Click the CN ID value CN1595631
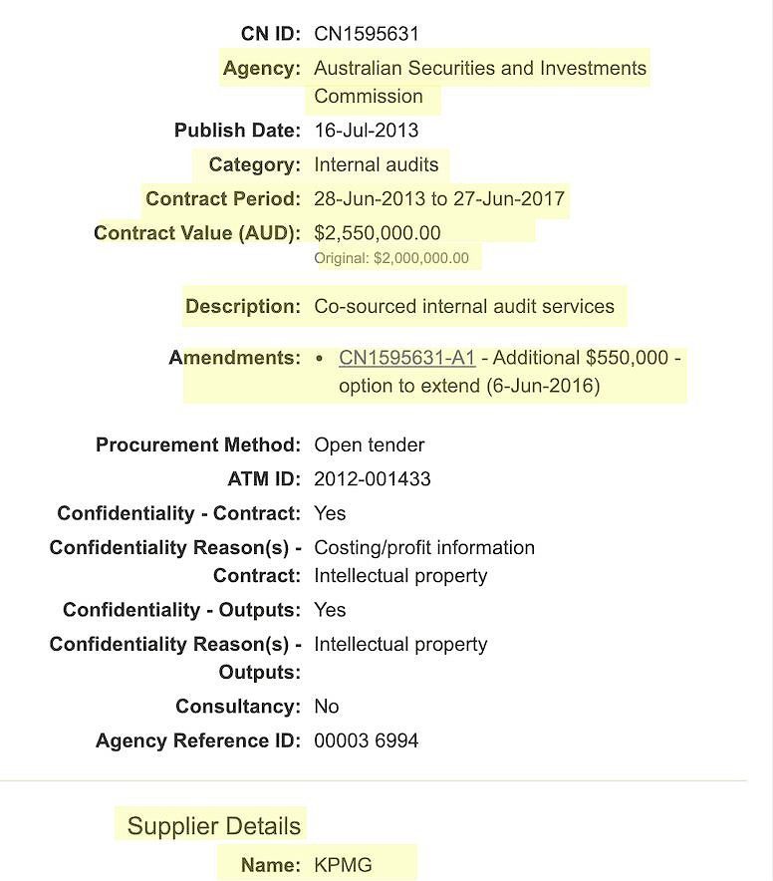(367, 34)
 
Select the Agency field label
(261, 69)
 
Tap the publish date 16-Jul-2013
(366, 131)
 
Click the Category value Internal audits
(376, 164)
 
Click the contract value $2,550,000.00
(377, 233)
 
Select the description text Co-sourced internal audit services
(464, 306)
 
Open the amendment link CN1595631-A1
(406, 358)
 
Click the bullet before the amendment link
(318, 358)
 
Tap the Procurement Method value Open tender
(369, 444)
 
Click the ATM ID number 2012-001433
(373, 479)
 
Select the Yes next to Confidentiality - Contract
(330, 513)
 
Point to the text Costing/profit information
(424, 548)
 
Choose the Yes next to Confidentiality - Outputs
(330, 610)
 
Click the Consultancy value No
(327, 707)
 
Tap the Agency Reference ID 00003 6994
(366, 740)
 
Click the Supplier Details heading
(213, 826)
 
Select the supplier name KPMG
(343, 865)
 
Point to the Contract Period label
(222, 199)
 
